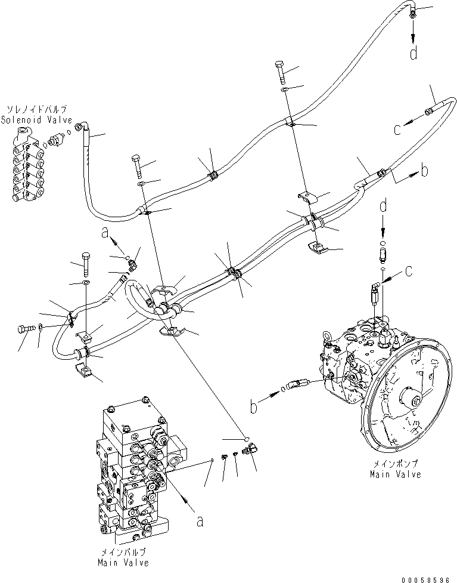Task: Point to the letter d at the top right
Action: coord(412,53)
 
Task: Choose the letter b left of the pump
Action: coord(254,408)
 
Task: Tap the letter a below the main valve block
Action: coord(200,521)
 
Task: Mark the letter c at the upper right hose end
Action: coord(397,130)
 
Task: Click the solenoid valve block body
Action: coord(27,170)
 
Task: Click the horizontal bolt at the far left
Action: coord(26,328)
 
